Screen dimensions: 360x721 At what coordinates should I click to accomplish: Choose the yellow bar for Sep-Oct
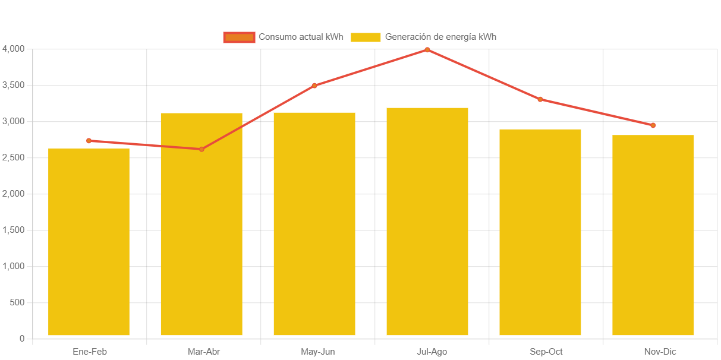click(x=540, y=232)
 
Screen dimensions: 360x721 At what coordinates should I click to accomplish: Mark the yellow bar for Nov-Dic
click(x=653, y=235)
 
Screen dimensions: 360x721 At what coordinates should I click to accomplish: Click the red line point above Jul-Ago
click(x=427, y=50)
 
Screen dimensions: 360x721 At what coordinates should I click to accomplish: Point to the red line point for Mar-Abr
click(x=201, y=149)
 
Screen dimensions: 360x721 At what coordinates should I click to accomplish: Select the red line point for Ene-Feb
click(x=89, y=141)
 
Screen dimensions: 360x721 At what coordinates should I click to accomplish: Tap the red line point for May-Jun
click(x=314, y=86)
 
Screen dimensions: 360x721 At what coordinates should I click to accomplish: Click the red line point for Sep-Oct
click(x=540, y=99)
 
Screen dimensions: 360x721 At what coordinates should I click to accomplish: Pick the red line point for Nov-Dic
click(x=653, y=125)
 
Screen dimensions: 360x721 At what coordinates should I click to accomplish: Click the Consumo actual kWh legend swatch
click(x=239, y=37)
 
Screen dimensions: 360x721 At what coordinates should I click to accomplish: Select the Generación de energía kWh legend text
click(x=440, y=37)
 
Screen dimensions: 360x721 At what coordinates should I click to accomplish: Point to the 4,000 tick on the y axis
click(x=13, y=48)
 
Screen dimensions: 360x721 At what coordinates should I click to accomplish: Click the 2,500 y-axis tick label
click(x=13, y=157)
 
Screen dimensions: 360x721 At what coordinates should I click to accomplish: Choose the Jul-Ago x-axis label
click(x=432, y=352)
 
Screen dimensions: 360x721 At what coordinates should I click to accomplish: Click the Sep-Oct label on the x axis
click(x=546, y=352)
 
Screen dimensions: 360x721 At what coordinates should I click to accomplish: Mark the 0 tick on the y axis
click(x=22, y=339)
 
